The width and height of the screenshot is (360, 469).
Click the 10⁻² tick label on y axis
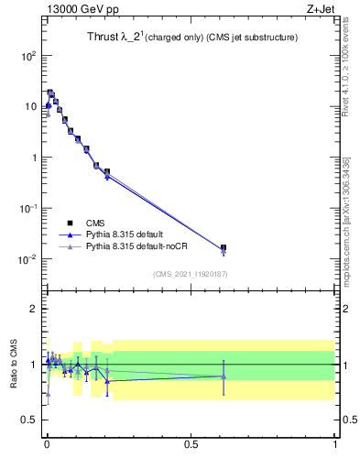click(27, 259)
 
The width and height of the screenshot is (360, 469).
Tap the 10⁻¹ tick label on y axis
click(27, 208)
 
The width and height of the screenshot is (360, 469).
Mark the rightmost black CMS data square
click(224, 248)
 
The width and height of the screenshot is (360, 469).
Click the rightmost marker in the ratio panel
click(224, 376)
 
